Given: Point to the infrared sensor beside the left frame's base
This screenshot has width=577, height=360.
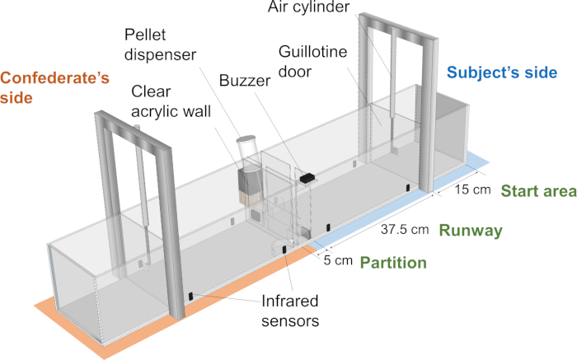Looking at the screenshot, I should click(x=190, y=297).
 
